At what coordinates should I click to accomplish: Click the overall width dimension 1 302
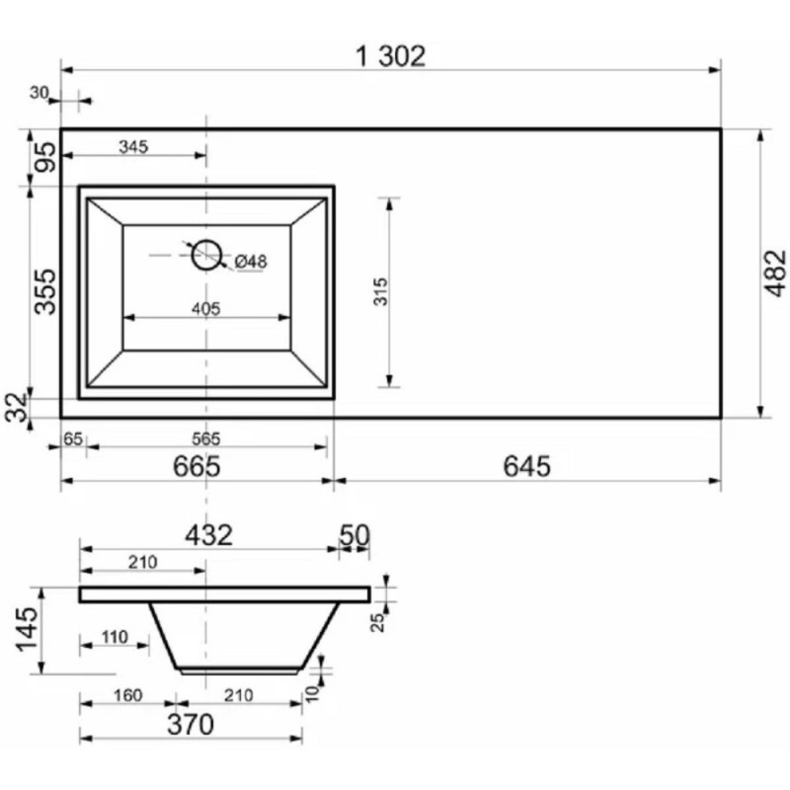(390, 56)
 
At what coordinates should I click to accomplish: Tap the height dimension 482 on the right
(775, 273)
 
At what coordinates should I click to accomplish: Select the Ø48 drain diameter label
(251, 262)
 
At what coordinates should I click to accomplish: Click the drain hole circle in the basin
(206, 255)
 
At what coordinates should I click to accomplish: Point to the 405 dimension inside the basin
(206, 308)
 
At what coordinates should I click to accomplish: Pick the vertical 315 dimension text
(381, 291)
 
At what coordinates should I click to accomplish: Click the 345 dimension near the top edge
(133, 146)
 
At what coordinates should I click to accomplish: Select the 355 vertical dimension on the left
(45, 291)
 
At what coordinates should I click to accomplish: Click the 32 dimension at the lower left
(17, 407)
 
